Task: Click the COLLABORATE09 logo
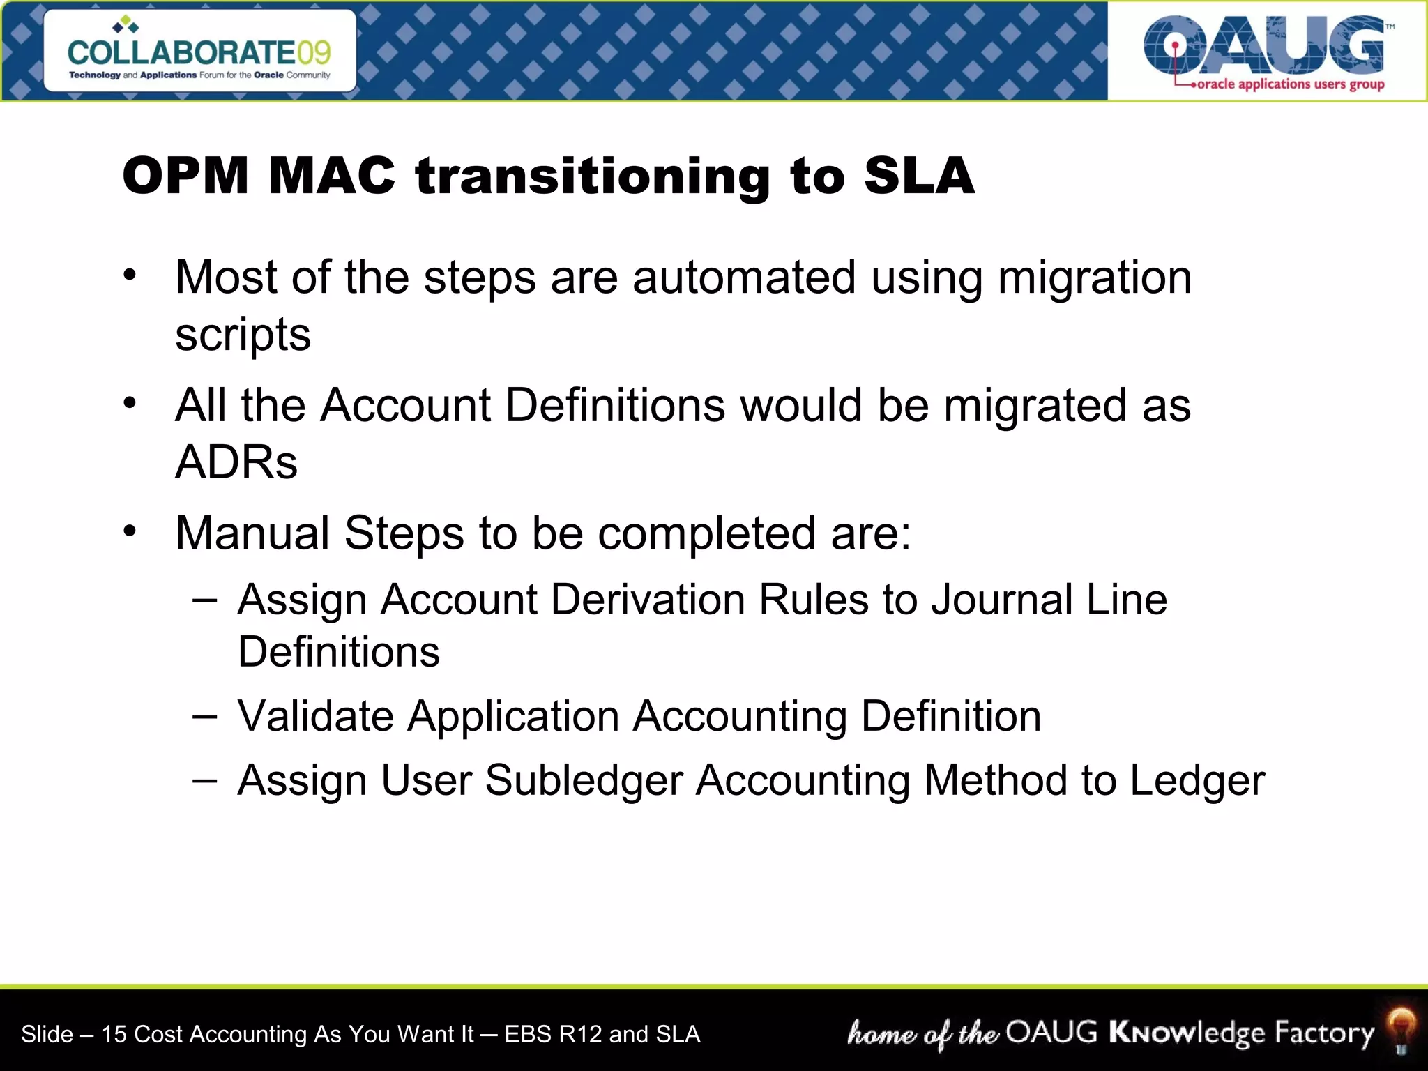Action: coord(199,52)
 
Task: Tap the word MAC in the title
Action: coord(331,176)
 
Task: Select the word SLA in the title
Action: coord(918,176)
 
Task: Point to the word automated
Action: coord(743,278)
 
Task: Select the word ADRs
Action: coord(236,462)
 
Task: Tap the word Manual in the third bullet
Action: coord(252,533)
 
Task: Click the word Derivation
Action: coord(648,600)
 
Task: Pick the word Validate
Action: coord(315,716)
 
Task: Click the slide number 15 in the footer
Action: coord(114,1034)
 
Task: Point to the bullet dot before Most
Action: coord(130,275)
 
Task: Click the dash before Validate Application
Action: coord(205,716)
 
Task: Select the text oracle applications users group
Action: coord(1290,84)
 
